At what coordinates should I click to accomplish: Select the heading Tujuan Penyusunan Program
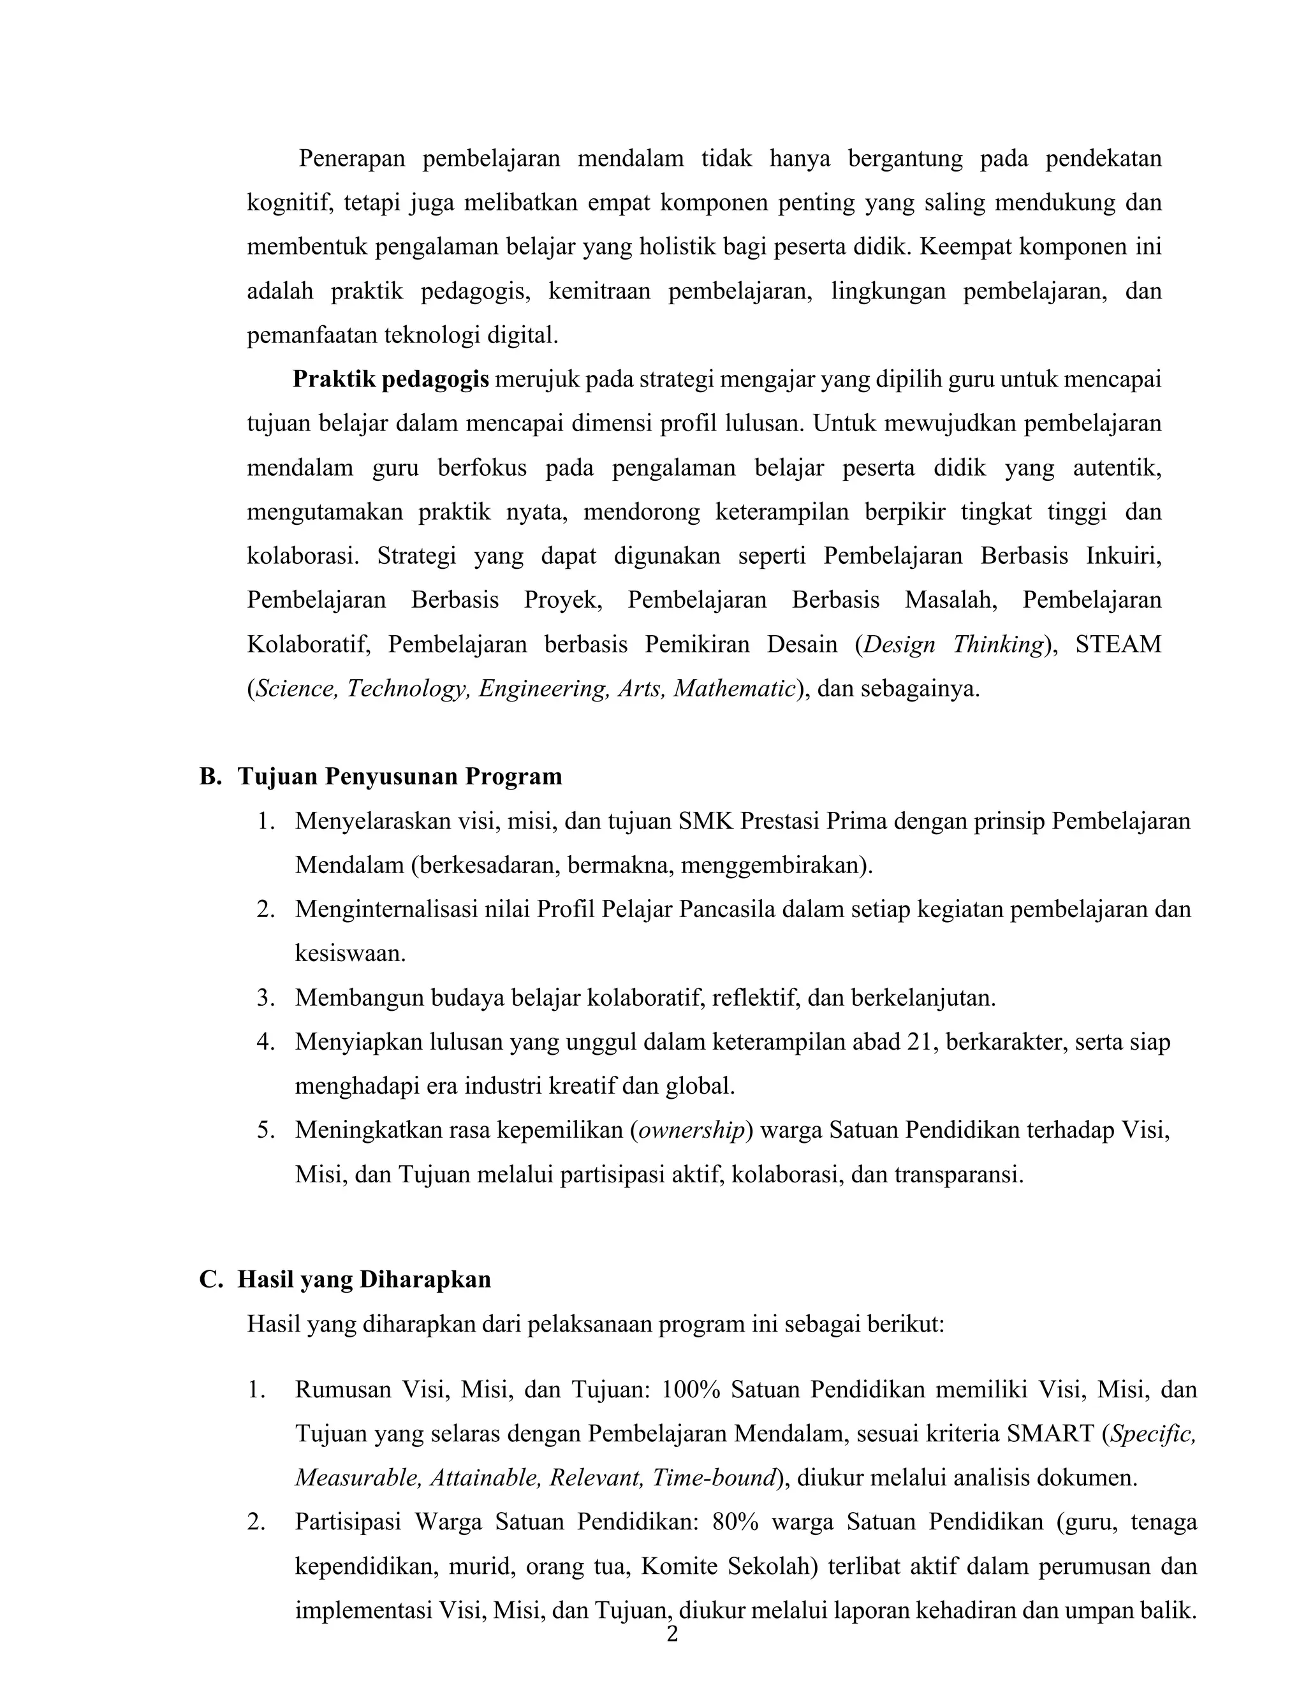[399, 776]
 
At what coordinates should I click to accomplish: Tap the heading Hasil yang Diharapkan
[363, 1279]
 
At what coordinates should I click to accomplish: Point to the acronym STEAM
[1117, 644]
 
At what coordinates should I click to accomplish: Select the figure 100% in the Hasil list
[691, 1389]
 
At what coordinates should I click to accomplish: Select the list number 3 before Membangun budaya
[265, 997]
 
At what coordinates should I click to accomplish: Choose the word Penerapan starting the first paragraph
[352, 158]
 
